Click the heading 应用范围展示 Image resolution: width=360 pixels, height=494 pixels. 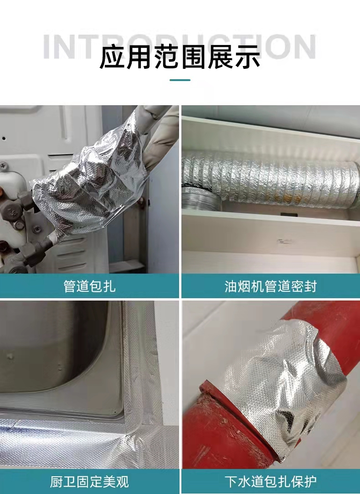click(x=180, y=57)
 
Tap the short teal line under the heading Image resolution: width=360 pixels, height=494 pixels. click(x=180, y=80)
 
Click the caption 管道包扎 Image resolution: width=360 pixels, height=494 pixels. click(x=89, y=286)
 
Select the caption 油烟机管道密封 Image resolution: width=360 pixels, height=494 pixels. click(x=271, y=286)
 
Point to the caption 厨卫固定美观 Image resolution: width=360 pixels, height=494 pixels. click(x=89, y=482)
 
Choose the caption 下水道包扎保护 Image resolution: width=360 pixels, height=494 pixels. click(x=271, y=482)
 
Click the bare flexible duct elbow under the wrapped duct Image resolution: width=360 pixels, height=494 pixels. click(x=202, y=199)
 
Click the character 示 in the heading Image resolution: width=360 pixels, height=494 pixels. click(x=247, y=57)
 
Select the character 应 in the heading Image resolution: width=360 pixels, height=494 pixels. click(x=112, y=57)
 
